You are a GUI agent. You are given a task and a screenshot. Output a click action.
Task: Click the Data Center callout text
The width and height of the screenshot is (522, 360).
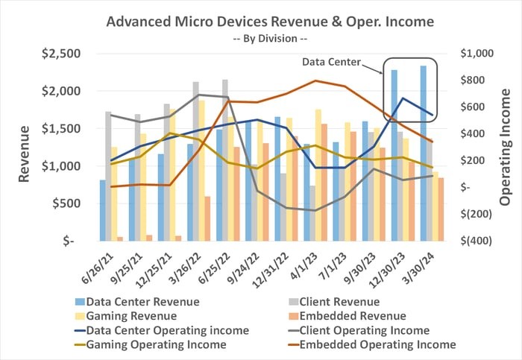[332, 63]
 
